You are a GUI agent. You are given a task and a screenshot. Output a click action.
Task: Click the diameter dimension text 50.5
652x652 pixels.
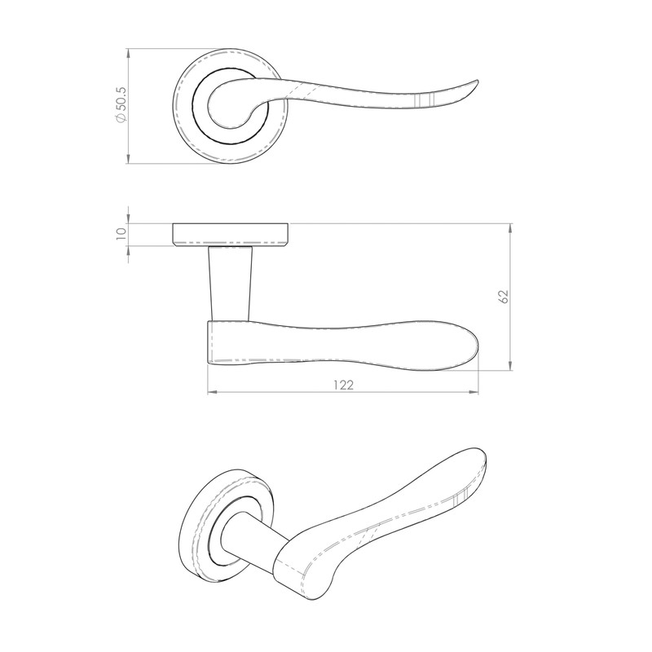121,98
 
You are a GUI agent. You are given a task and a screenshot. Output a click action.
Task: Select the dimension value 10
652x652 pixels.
121,232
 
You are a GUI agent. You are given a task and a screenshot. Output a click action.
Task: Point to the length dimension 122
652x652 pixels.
343,385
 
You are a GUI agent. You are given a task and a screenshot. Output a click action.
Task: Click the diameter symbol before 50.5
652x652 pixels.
121,119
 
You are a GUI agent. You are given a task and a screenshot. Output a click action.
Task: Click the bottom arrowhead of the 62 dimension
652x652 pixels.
511,367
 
